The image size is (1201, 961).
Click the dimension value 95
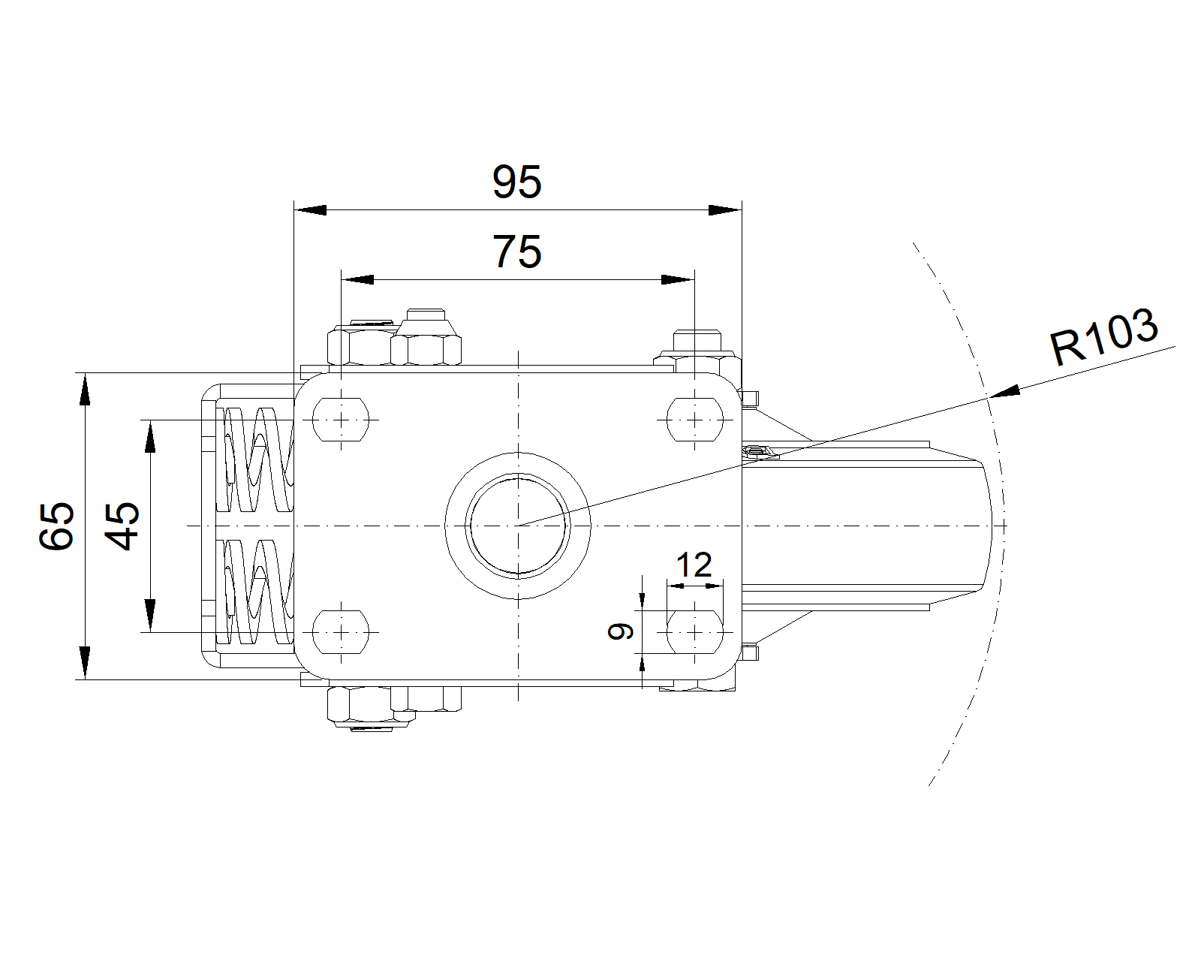[516, 182]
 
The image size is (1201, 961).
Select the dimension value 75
[516, 252]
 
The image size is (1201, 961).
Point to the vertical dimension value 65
[56, 526]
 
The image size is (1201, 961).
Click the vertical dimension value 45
[122, 526]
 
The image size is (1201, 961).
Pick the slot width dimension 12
[694, 565]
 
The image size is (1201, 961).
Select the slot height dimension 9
[621, 631]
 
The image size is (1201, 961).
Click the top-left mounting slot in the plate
[341, 420]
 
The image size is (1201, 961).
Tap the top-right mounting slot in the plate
[695, 420]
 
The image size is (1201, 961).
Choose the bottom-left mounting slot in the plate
[341, 632]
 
